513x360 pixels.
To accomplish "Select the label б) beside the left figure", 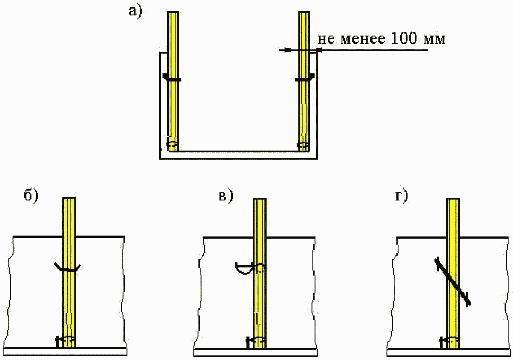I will [x=32, y=196].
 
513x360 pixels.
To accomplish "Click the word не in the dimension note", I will [x=326, y=39].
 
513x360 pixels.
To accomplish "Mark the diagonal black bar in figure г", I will [x=453, y=282].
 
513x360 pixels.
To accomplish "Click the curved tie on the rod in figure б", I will [x=69, y=268].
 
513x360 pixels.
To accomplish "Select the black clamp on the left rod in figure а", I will [x=172, y=79].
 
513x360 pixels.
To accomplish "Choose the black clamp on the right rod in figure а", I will [x=304, y=79].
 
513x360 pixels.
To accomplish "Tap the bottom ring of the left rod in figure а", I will [x=172, y=145].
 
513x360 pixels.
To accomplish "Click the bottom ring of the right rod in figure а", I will [x=303, y=145].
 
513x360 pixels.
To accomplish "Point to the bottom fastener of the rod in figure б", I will [x=66, y=340].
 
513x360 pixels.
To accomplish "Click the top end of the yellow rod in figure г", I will [x=453, y=201].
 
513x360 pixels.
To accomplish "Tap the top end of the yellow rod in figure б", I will [x=70, y=200].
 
